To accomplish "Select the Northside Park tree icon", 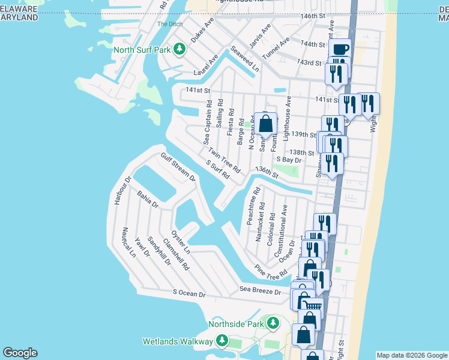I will pos(274,325).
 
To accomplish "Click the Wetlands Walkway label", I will pos(178,341).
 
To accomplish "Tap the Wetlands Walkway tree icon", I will pos(222,341).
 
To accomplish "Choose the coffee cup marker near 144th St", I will pos(340,49).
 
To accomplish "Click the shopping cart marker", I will pos(312,307).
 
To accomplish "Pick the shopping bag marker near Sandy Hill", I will pos(266,124).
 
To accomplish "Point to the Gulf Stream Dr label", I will pos(178,167).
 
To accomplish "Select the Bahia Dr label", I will pos(147,200).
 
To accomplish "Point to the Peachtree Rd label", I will pos(253,206).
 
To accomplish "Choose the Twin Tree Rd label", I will pos(224,160).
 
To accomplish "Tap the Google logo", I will pos(20,353).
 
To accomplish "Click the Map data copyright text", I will pos(412,355).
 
